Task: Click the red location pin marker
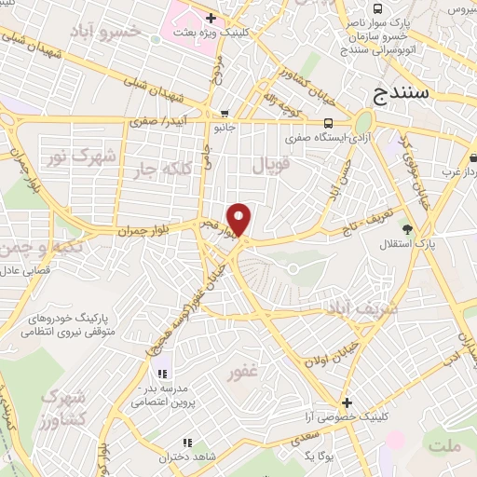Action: pyautogui.click(x=239, y=218)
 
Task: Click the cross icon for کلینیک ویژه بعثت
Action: pyautogui.click(x=211, y=18)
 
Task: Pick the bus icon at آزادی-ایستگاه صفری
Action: pyautogui.click(x=327, y=123)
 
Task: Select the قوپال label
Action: pyautogui.click(x=273, y=166)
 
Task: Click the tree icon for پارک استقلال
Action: pyautogui.click(x=405, y=229)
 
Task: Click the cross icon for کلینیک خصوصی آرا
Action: pyautogui.click(x=347, y=403)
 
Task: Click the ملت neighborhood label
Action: pyautogui.click(x=444, y=446)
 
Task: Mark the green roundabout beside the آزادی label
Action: pyautogui.click(x=362, y=122)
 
